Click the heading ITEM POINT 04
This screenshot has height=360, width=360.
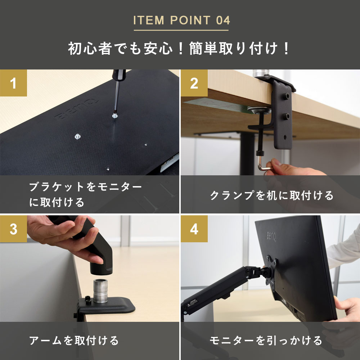[x=181, y=20]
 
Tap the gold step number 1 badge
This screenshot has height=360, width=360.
[x=13, y=83]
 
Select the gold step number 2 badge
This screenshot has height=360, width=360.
[x=194, y=83]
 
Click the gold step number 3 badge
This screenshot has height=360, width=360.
[x=13, y=229]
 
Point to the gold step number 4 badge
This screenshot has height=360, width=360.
[x=194, y=229]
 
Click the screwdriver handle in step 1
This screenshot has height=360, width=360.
[x=119, y=75]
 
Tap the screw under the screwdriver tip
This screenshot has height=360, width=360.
[x=114, y=116]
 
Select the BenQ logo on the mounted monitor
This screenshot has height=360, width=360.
[x=271, y=237]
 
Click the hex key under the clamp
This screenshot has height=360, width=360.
[x=264, y=164]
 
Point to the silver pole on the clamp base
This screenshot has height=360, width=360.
[x=100, y=291]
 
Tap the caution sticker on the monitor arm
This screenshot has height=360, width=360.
[x=192, y=303]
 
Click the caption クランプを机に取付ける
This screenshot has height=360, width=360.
[x=271, y=195]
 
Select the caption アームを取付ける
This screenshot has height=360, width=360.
[x=74, y=340]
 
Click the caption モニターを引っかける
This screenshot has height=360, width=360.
[x=266, y=340]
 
